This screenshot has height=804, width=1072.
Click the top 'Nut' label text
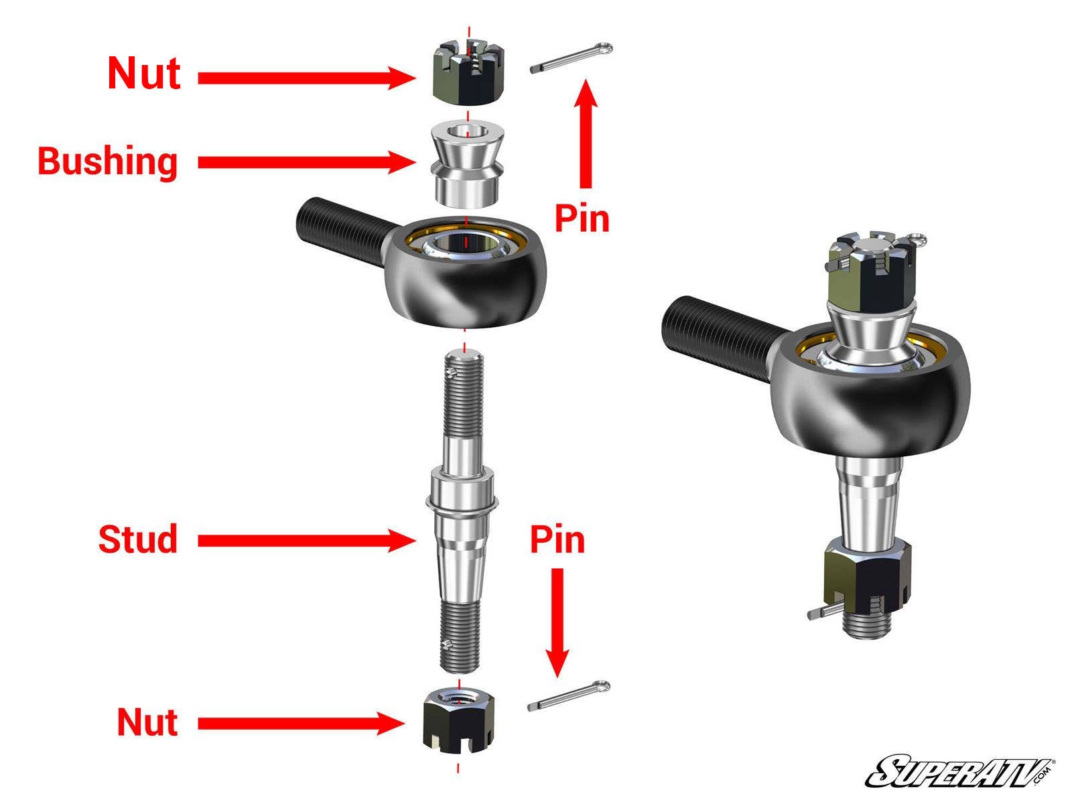point(144,73)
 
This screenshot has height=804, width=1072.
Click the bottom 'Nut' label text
point(147,722)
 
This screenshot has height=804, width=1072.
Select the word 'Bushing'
point(108,161)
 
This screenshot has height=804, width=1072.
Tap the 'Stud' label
point(138,539)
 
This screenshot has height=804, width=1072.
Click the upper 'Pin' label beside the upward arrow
point(582,218)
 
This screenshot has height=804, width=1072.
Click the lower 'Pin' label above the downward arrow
point(557,539)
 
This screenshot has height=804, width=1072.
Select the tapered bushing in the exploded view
point(467,164)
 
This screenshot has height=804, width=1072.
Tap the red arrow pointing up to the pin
point(586,134)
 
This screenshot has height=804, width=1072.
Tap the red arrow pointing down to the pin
point(557,623)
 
